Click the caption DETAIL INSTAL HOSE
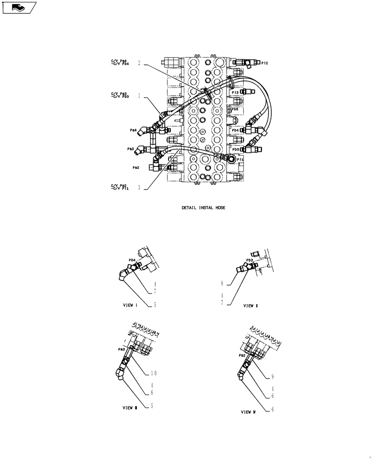[203, 208]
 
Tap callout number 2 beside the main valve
[139, 64]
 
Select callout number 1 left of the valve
[139, 97]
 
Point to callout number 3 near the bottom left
[139, 188]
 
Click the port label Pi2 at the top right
[264, 63]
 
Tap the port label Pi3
[235, 92]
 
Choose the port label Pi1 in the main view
[240, 159]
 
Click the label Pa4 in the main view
[134, 130]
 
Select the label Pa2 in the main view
[136, 168]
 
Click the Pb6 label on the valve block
[234, 109]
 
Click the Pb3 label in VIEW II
[250, 260]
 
